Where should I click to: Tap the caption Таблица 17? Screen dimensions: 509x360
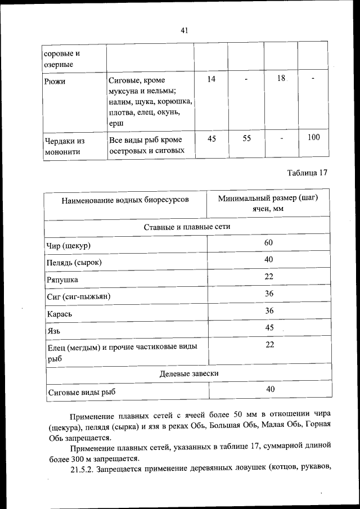point(307,173)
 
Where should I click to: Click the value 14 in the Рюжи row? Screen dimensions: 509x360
point(211,79)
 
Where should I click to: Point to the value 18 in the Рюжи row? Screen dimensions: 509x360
point(282,79)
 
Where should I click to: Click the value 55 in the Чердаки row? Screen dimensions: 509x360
point(246,138)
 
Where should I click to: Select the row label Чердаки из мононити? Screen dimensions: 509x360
point(65,145)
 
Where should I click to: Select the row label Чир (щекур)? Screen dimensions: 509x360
point(69,246)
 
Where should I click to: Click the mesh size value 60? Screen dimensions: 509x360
point(268,242)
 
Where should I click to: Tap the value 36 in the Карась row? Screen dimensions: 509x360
point(269,310)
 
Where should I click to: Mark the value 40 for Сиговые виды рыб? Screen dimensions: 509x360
point(269,389)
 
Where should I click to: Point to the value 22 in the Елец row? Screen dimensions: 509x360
point(269,345)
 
